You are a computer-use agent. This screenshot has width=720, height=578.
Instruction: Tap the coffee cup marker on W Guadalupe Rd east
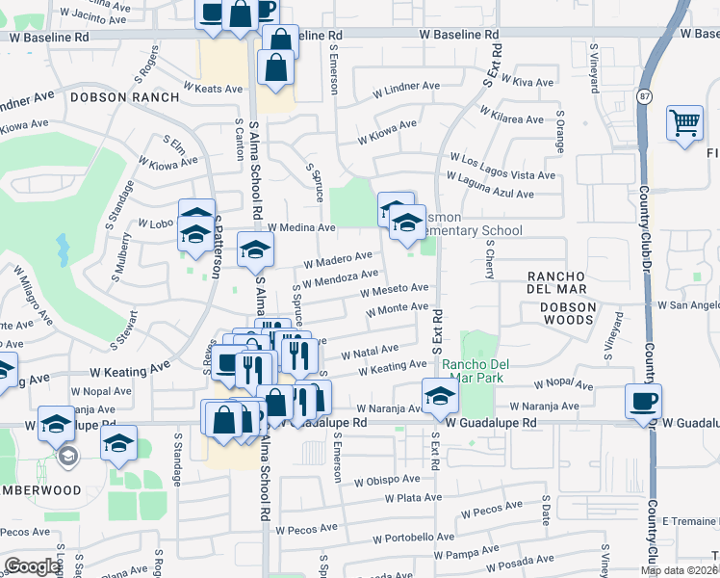click(x=643, y=400)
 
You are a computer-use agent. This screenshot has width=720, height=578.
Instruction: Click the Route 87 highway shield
click(x=644, y=97)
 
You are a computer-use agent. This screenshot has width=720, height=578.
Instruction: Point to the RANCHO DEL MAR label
click(x=569, y=276)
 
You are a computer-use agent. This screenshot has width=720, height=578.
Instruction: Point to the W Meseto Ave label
click(x=395, y=289)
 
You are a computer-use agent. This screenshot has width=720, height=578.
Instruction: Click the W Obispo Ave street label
click(x=387, y=480)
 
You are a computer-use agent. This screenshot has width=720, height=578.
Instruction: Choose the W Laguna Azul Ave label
click(x=490, y=194)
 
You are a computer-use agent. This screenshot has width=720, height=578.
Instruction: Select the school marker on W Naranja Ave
click(x=439, y=395)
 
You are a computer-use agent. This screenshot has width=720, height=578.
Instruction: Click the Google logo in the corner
click(x=32, y=566)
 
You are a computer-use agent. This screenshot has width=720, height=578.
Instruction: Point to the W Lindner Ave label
click(x=399, y=89)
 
